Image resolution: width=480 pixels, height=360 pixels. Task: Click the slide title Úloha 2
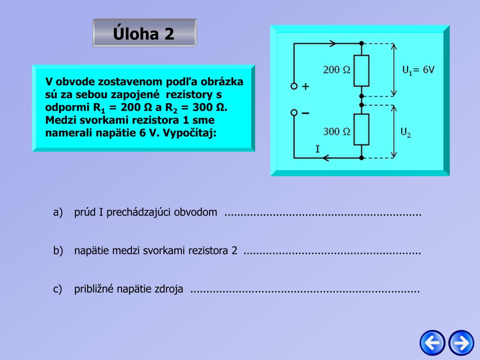pos(144,33)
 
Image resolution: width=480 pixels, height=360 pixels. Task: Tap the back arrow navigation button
pos(432,343)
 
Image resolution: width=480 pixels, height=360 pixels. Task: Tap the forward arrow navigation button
pos(461,343)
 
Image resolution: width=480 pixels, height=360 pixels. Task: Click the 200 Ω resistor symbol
pos(361,71)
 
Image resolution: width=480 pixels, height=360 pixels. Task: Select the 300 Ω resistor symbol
pos(361,129)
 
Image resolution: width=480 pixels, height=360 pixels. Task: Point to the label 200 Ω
pos(337,70)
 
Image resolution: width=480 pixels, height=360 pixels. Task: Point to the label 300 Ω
pos(337,131)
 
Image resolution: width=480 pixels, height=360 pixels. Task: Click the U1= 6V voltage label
pos(419,70)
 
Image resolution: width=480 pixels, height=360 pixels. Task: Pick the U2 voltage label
pos(406,133)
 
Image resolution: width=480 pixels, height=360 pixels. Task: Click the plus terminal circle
pos(294,86)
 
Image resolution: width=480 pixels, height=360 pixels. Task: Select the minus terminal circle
pos(294,113)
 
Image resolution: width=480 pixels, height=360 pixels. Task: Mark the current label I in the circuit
pos(318,150)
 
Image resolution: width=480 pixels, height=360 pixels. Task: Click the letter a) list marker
pos(58,212)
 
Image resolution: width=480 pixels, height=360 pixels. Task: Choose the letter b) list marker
pos(58,251)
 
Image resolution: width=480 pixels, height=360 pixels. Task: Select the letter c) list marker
pos(58,289)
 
